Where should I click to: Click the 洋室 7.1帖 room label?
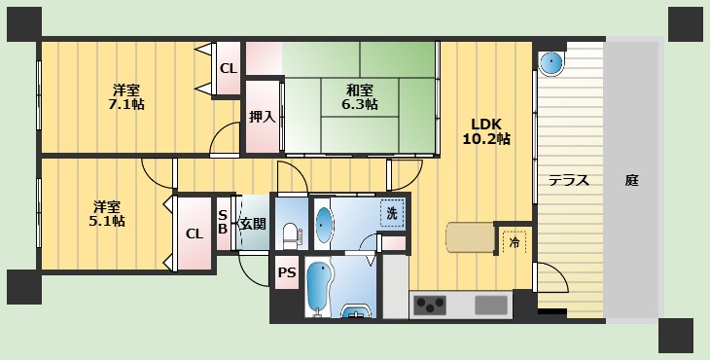[x=126, y=96]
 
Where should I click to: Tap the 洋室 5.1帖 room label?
[x=108, y=213]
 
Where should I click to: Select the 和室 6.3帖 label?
[x=360, y=96]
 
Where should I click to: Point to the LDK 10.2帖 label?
[x=486, y=131]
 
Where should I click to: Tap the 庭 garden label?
[x=632, y=180]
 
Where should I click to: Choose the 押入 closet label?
[x=262, y=117]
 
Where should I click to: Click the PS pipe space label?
[x=287, y=273]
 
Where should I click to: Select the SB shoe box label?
[x=223, y=222]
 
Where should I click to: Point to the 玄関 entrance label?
[x=253, y=223]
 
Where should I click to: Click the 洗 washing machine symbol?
[x=391, y=213]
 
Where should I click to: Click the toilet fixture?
[x=291, y=233]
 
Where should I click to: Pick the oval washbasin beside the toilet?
[x=324, y=224]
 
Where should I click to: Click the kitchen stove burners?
[x=431, y=305]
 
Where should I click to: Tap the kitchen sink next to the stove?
[x=492, y=305]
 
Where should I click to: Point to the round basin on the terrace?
[x=551, y=64]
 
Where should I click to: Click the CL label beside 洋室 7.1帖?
[x=228, y=68]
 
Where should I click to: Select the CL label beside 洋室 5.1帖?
[x=195, y=233]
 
